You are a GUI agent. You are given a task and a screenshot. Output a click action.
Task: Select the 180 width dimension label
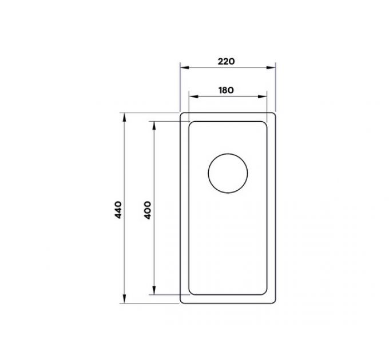227,89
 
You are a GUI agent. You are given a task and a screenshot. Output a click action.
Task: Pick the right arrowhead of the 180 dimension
265,96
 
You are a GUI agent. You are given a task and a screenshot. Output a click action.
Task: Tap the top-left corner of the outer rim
182,114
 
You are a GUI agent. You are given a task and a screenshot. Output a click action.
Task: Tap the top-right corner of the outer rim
274,114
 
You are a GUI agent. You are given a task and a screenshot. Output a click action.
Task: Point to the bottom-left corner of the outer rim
182,301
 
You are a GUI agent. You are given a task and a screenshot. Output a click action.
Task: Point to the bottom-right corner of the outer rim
274,301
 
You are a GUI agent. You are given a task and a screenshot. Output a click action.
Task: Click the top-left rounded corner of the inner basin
192,123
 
